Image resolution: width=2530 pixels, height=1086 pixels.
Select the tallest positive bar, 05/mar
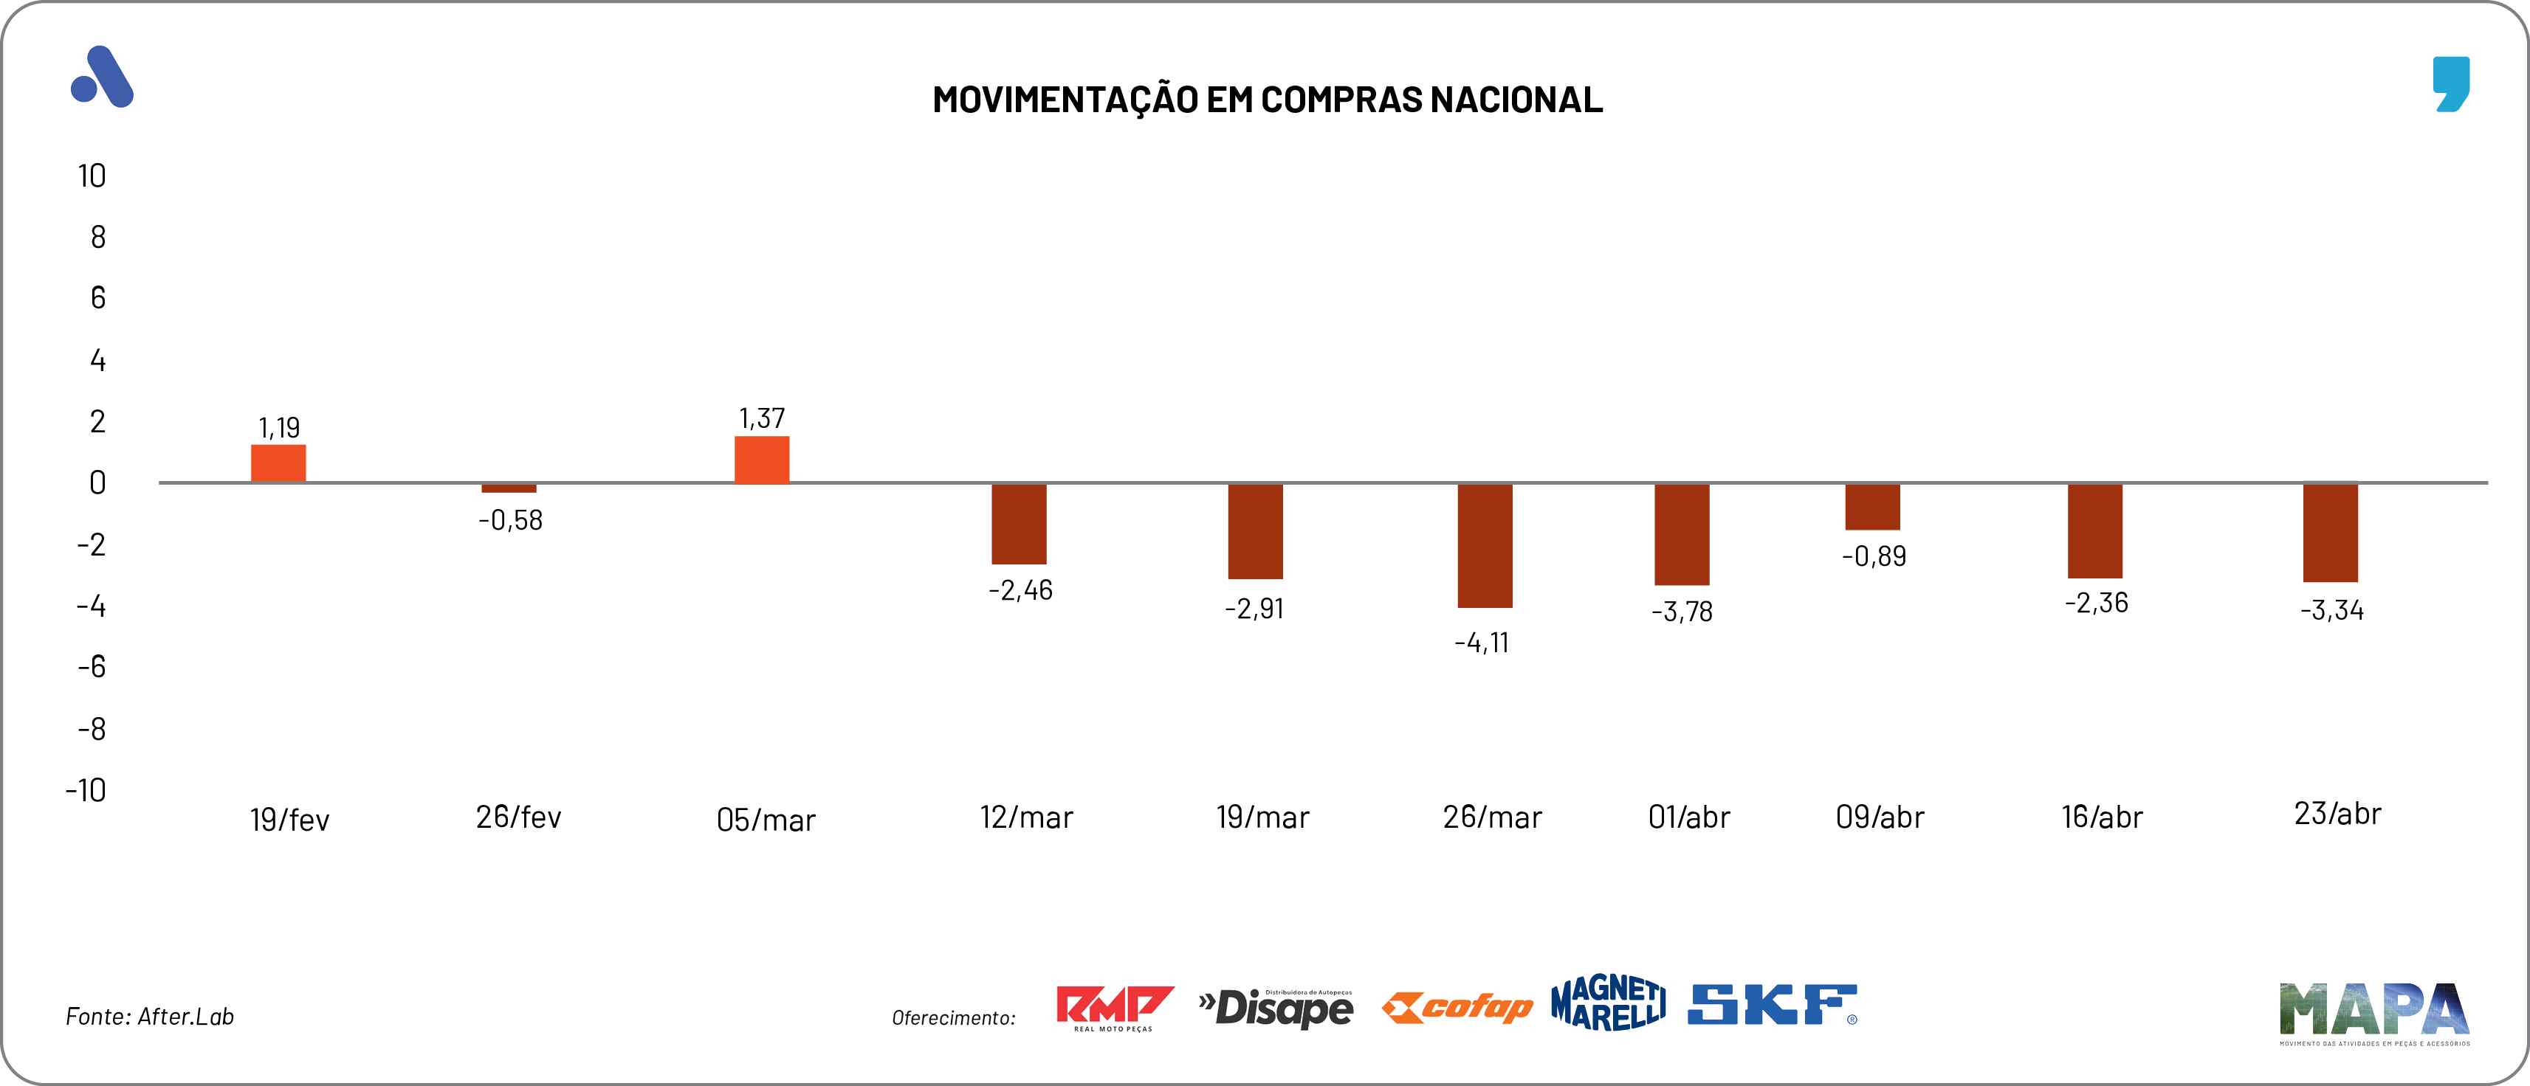tap(761, 460)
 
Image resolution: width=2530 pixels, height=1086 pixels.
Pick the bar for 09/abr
tap(1872, 507)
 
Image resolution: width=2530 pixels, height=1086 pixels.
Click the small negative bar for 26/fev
tap(509, 488)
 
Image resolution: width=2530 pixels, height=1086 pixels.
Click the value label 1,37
tap(761, 418)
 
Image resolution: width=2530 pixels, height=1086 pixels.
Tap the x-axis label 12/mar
tap(1026, 817)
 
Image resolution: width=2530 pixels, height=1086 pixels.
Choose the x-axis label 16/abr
tap(2102, 817)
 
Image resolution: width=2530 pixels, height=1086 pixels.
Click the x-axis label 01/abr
tap(1688, 817)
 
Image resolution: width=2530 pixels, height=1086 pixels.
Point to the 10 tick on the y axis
tap(92, 177)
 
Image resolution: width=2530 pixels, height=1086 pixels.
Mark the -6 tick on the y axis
tap(92, 668)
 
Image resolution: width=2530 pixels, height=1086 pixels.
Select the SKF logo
tap(1772, 1006)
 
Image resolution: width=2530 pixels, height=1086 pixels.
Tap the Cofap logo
tap(1457, 1008)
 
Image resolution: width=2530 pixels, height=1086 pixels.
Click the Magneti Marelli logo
tap(1608, 1003)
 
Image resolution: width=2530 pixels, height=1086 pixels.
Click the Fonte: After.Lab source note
tap(149, 1017)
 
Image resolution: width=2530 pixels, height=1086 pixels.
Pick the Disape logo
tap(1276, 1008)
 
